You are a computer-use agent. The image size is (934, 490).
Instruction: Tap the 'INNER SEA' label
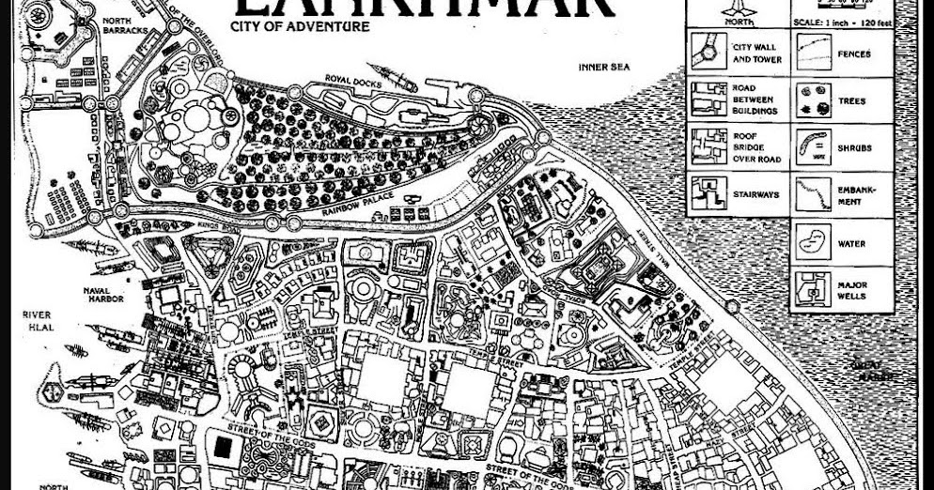(603, 67)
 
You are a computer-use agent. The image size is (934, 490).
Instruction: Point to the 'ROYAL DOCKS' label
(350, 78)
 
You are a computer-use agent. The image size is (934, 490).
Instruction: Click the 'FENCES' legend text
(853, 54)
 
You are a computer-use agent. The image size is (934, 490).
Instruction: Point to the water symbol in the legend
(812, 242)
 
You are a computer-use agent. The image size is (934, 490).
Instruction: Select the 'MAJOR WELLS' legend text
(853, 290)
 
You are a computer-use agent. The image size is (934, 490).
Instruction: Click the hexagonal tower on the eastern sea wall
(544, 139)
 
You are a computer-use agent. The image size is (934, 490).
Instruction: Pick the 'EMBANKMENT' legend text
(856, 195)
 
